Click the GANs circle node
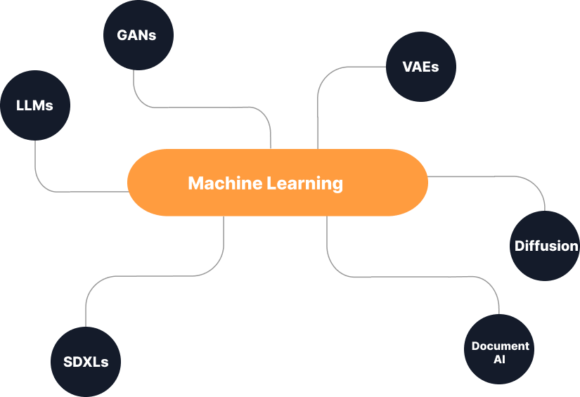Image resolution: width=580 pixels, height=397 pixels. [x=138, y=34]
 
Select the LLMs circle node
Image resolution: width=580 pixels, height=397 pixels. [x=35, y=105]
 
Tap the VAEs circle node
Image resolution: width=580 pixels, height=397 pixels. [x=421, y=67]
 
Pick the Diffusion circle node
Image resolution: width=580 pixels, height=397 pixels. [x=545, y=246]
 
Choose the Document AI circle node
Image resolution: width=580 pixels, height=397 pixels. [x=499, y=349]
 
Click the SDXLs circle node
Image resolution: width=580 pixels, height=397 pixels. [x=86, y=362]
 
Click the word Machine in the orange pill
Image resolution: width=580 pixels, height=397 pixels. [x=224, y=183]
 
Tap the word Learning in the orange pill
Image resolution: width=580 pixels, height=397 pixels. [x=305, y=183]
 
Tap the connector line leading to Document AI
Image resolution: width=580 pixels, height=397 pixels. [x=422, y=275]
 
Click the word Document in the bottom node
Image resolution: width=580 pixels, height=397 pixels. [x=500, y=346]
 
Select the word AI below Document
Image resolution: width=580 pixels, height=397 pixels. [x=499, y=360]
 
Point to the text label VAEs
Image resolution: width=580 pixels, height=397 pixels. [x=420, y=67]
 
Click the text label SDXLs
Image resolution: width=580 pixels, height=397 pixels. [x=86, y=363]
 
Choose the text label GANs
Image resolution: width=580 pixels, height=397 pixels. [x=138, y=34]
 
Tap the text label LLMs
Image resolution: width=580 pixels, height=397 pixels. [x=34, y=105]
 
